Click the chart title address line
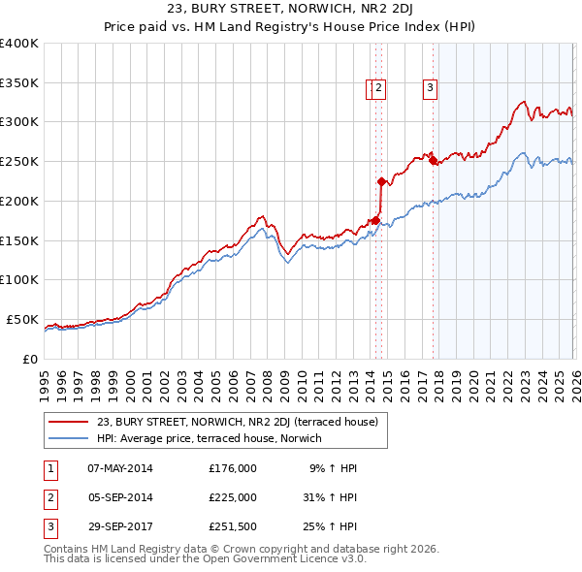click(x=290, y=10)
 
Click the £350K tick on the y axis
click(x=19, y=82)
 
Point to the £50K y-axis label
click(x=22, y=319)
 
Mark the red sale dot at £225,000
click(x=381, y=180)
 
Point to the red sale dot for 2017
click(x=434, y=160)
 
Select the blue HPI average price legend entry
click(x=208, y=438)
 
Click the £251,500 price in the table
click(x=233, y=528)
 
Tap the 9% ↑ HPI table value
click(x=333, y=468)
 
